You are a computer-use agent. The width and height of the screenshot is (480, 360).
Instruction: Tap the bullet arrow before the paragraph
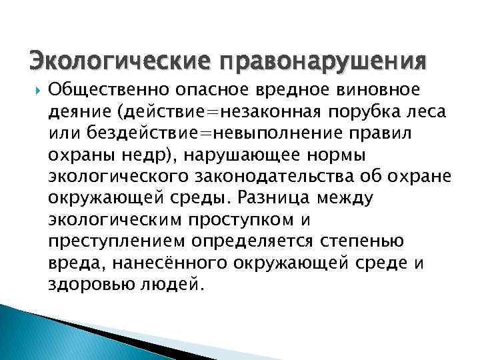coord(37,89)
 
